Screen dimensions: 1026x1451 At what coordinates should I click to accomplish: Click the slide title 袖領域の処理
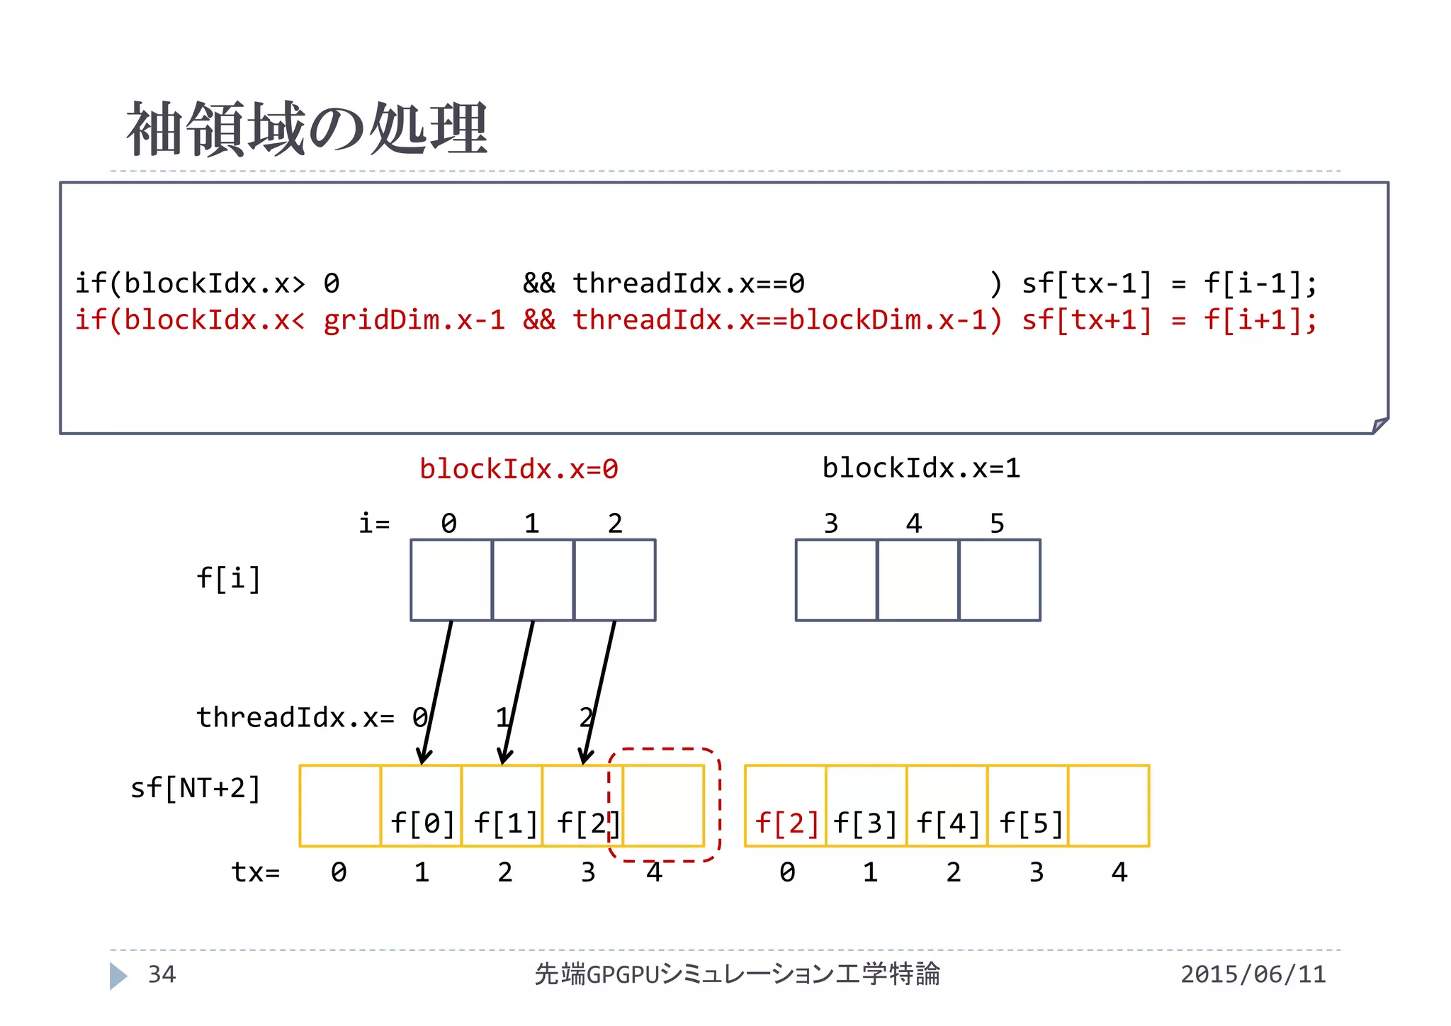click(306, 129)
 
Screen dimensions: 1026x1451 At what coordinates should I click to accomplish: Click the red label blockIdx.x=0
click(519, 469)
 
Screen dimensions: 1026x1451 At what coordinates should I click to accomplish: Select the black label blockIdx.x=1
click(921, 468)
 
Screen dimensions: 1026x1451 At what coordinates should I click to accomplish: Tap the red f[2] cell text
click(786, 823)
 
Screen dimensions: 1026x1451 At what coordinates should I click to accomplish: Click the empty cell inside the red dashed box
click(663, 806)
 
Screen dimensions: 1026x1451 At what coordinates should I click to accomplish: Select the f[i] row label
click(228, 578)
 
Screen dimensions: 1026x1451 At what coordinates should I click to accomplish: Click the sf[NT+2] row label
click(196, 788)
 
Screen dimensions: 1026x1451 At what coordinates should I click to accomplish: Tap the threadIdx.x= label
click(295, 717)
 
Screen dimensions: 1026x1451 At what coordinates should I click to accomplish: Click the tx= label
click(256, 872)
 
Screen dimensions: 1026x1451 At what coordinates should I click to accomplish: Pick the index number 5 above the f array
click(997, 524)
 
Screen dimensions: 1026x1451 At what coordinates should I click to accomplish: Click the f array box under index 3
click(836, 580)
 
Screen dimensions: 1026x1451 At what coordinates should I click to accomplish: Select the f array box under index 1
click(533, 580)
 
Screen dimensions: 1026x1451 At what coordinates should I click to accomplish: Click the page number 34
click(162, 974)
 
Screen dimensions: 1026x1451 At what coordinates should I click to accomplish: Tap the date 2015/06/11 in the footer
click(1253, 974)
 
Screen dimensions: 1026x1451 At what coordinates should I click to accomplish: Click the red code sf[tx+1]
click(1086, 320)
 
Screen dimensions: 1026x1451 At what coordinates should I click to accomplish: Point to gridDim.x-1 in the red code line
click(414, 320)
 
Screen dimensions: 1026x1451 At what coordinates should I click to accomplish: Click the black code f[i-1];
click(1260, 283)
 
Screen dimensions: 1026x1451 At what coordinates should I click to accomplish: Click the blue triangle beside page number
click(118, 976)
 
